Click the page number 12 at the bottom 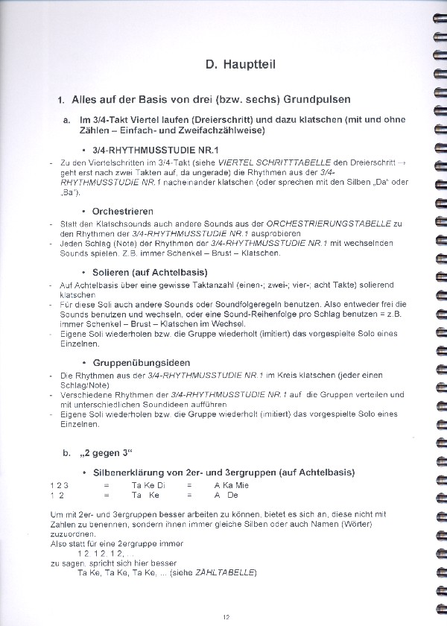(x=226, y=616)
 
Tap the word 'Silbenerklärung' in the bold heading (x=130, y=472)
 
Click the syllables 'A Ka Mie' (x=231, y=485)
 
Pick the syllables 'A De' (x=226, y=495)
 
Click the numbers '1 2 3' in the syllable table (x=59, y=485)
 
